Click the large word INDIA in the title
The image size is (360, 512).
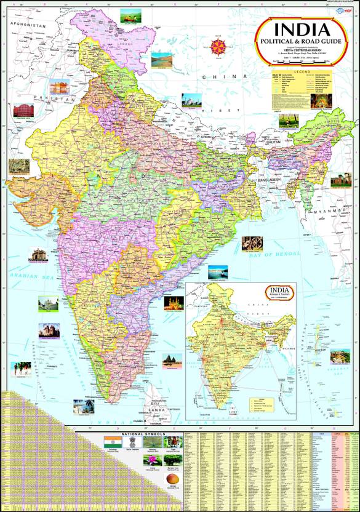pyautogui.click(x=301, y=30)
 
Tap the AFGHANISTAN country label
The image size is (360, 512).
pyautogui.click(x=26, y=26)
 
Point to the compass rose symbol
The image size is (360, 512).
pyautogui.click(x=218, y=46)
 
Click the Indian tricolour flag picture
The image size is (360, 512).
pyautogui.click(x=112, y=442)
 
